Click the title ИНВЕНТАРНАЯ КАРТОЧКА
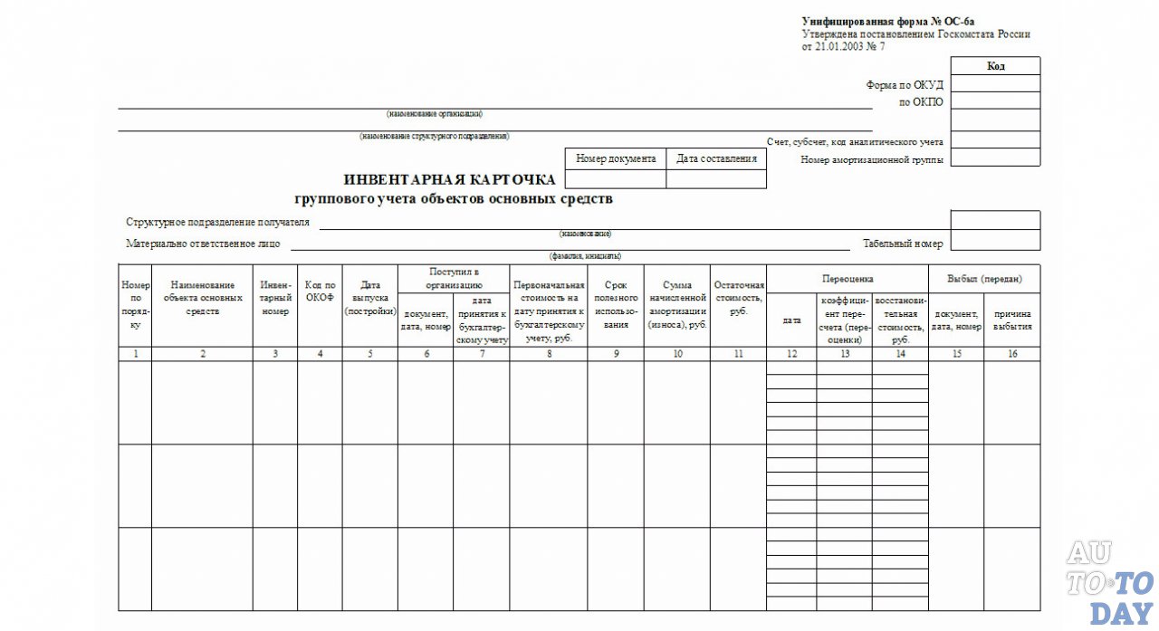click(450, 179)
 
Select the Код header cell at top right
click(995, 66)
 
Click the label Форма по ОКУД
click(905, 85)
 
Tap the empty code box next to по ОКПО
click(995, 102)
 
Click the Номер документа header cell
click(616, 158)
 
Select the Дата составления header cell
click(716, 158)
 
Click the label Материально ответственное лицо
click(204, 244)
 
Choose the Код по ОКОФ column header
click(320, 290)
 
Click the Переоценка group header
click(847, 278)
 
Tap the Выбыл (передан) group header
click(984, 278)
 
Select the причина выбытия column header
click(1012, 320)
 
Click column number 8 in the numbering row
click(549, 354)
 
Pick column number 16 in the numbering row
click(1012, 354)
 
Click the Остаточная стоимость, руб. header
click(738, 297)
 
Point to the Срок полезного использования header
click(616, 304)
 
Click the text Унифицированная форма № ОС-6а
click(887, 21)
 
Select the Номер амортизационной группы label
click(872, 159)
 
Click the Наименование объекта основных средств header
click(202, 297)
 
